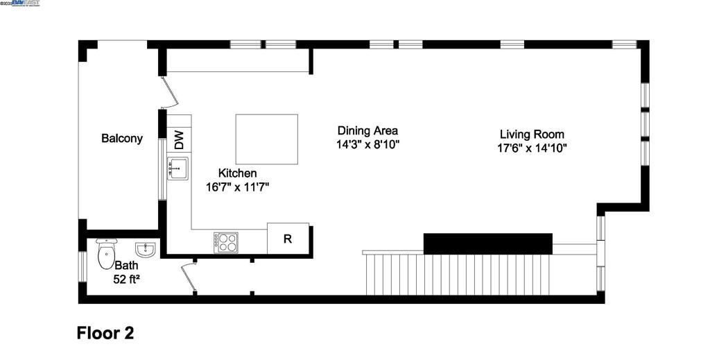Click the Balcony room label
click(x=122, y=138)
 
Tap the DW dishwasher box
click(x=179, y=140)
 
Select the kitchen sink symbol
click(x=177, y=169)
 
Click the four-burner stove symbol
click(x=225, y=242)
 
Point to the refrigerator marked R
click(x=288, y=239)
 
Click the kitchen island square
click(x=267, y=139)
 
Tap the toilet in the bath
click(x=105, y=254)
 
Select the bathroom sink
click(x=145, y=248)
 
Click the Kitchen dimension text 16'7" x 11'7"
click(x=237, y=187)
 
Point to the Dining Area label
click(x=367, y=130)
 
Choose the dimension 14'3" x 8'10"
click(x=367, y=145)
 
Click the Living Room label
click(x=532, y=134)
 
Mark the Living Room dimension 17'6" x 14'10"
click(x=532, y=148)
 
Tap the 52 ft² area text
click(x=126, y=280)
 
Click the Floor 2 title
click(x=105, y=333)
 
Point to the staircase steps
click(x=478, y=274)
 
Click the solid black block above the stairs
click(x=487, y=243)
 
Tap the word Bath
click(x=126, y=266)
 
